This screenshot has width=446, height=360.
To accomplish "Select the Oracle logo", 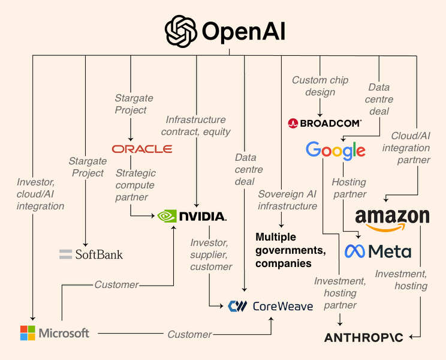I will tap(141, 148).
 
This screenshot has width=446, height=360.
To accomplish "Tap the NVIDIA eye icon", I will tap(167, 216).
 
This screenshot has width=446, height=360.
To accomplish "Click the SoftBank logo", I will tap(91, 254).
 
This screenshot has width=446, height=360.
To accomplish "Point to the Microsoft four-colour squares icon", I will tap(28, 333).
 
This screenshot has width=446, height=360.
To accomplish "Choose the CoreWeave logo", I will tap(270, 306).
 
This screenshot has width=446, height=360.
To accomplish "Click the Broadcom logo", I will tap(324, 123).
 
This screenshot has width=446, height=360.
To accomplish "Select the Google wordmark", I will tap(335, 150).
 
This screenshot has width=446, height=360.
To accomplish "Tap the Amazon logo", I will tap(392, 219).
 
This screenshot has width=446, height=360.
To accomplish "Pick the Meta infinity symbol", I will tap(355, 251).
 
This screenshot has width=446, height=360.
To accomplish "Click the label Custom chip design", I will tap(320, 86).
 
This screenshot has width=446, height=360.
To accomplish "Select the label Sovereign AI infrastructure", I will tap(287, 200).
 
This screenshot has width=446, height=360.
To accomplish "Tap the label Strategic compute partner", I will tap(135, 185).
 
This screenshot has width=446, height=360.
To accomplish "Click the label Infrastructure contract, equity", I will tap(196, 125).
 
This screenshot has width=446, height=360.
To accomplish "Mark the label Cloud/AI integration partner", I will tap(410, 148).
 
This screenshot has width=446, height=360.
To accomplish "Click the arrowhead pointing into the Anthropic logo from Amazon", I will tap(411, 337).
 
